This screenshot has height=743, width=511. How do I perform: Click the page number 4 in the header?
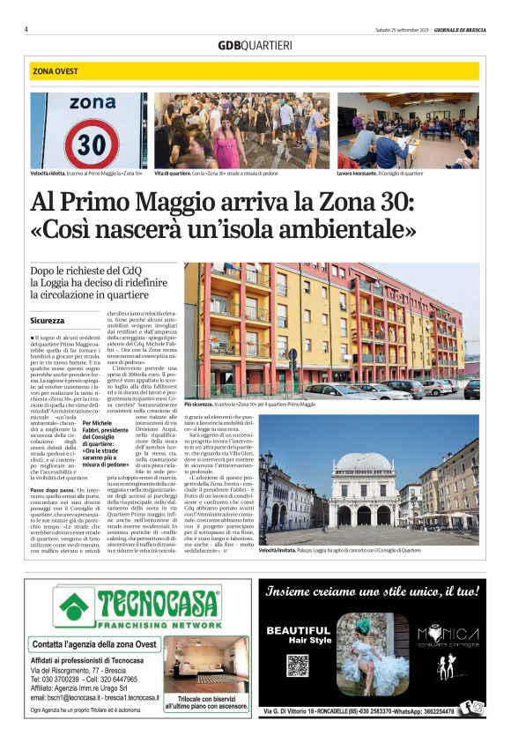click(x=26, y=29)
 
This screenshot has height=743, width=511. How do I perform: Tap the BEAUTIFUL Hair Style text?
click(x=298, y=635)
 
